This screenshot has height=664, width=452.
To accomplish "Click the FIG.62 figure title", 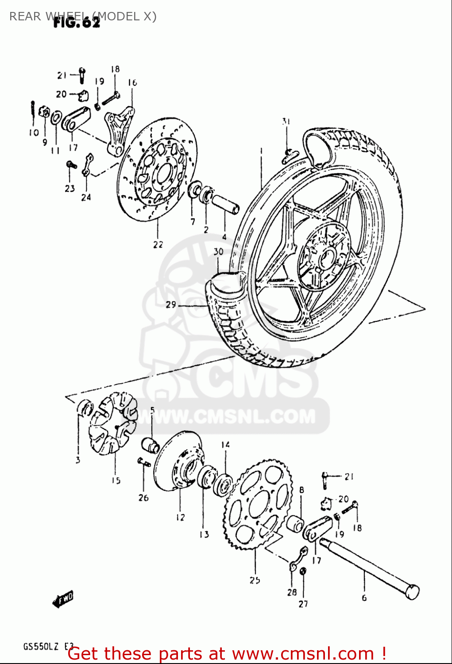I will tap(76, 23).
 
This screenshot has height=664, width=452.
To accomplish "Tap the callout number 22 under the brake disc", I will tap(158, 244).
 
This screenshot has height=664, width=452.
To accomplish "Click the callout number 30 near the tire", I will tap(218, 252).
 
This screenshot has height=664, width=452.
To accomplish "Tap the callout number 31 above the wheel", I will tap(286, 121).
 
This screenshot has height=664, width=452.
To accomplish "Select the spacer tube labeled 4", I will tap(225, 203).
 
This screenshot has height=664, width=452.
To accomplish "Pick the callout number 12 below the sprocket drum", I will tap(180, 517).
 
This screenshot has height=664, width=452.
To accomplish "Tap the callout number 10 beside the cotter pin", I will tap(34, 132).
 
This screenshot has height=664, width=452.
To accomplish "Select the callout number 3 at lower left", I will tap(78, 460).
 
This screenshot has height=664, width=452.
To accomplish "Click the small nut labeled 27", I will tap(303, 571).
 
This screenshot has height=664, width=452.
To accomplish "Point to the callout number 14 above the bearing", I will tap(225, 444).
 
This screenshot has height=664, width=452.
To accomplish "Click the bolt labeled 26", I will tap(144, 462).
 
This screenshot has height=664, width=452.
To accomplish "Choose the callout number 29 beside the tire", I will tap(171, 305).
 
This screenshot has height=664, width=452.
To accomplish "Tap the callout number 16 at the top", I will tap(132, 82).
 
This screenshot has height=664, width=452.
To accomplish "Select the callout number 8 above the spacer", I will tap(301, 490).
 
